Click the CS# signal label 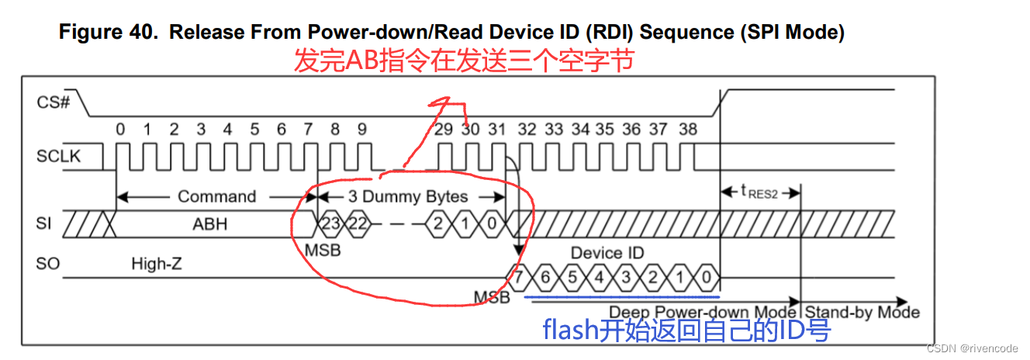pyautogui.click(x=54, y=102)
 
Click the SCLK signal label pyautogui.click(x=58, y=156)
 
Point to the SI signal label pyautogui.click(x=46, y=223)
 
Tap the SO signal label pyautogui.click(x=48, y=264)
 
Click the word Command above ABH pyautogui.click(x=216, y=196)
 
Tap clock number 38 pyautogui.click(x=687, y=129)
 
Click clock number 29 pyautogui.click(x=443, y=129)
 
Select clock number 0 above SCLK pyautogui.click(x=120, y=129)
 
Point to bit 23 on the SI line pyautogui.click(x=331, y=224)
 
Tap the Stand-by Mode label pyautogui.click(x=861, y=312)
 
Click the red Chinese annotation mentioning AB pyautogui.click(x=463, y=60)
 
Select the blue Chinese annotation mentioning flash pyautogui.click(x=686, y=331)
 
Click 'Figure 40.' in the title pyautogui.click(x=109, y=33)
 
